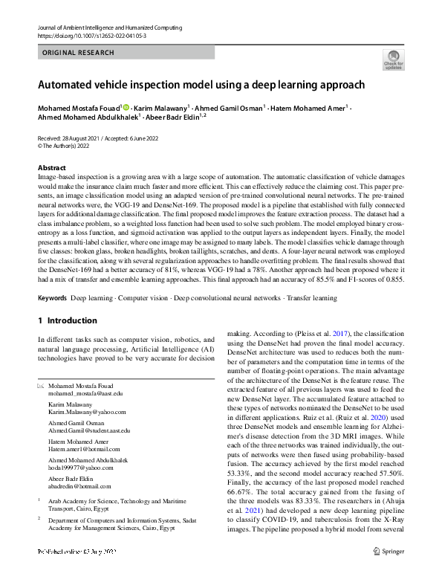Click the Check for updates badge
point(392,59)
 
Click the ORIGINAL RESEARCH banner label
point(78,53)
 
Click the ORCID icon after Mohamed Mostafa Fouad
point(126,109)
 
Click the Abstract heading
point(51,168)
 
